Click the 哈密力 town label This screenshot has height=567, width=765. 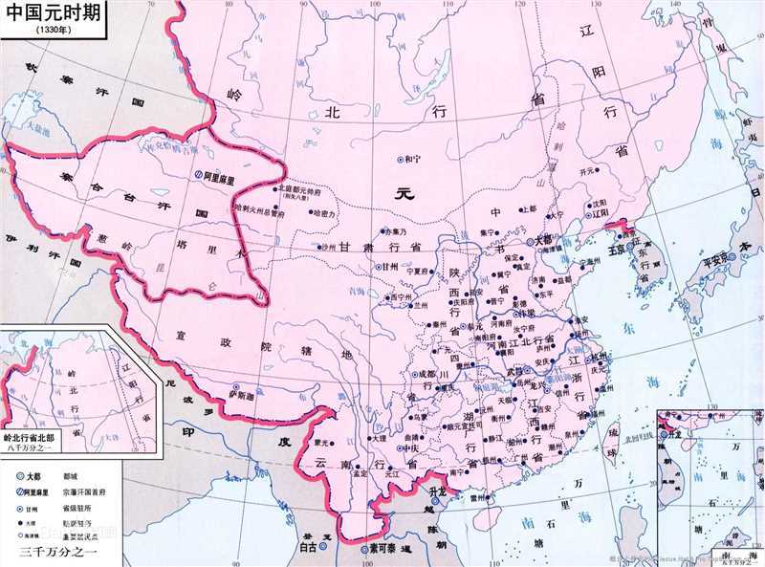[x=325, y=214]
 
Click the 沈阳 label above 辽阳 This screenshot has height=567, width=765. [x=599, y=203]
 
